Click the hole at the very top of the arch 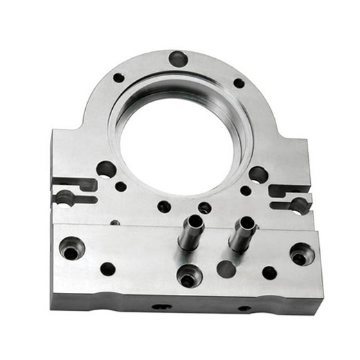coord(178,59)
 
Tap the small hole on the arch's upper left coord(118,78)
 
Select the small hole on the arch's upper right coord(238,83)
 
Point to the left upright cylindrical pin coord(190,234)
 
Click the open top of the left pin coord(195,222)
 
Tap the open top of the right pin coord(246,223)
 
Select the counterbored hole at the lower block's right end coord(301,255)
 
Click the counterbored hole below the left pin coord(188,276)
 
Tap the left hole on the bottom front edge coord(161,306)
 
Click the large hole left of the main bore coord(106,169)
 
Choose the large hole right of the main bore coord(258,174)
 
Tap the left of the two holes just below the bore coord(164,206)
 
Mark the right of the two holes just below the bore coord(205,208)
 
